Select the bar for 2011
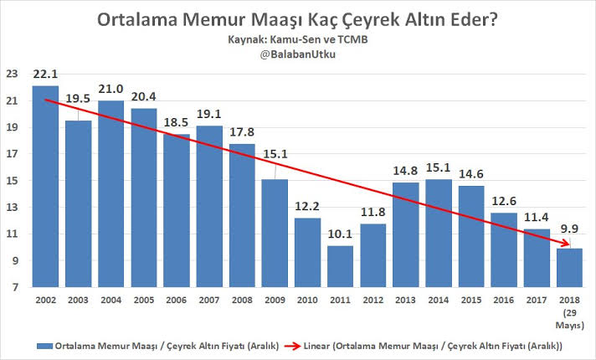click(x=341, y=266)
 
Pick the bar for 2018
click(x=570, y=268)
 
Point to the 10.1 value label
click(x=341, y=236)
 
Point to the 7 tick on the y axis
click(x=13, y=287)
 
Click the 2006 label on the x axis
click(x=177, y=300)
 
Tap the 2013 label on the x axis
click(x=406, y=300)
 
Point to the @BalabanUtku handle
click(x=297, y=54)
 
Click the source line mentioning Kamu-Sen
click(x=297, y=39)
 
